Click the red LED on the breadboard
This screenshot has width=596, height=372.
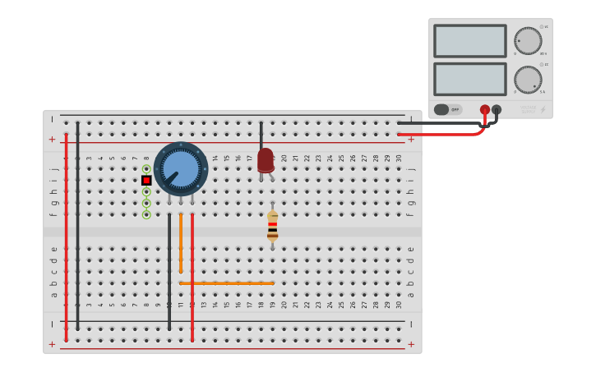pos(265,160)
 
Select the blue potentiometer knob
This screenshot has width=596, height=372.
pos(181,168)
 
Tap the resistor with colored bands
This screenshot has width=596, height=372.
pos(272,225)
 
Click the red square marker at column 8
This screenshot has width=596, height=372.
pos(146,180)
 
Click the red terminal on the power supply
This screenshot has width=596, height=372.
pos(485,109)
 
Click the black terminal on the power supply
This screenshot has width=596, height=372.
pos(497,109)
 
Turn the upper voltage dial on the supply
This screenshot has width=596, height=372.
pos(528,41)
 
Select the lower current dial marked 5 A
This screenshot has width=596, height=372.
pos(528,80)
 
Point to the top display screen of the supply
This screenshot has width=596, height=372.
pos(469,41)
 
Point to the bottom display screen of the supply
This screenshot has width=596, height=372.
pos(469,79)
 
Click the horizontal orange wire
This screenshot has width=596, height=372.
pos(227,283)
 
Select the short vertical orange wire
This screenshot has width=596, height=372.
pos(181,243)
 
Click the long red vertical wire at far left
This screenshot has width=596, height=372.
pos(67,238)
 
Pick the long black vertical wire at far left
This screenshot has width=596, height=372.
pos(78,226)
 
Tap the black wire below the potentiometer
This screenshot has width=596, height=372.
pos(169,271)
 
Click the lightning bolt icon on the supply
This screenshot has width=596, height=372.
pos(543,109)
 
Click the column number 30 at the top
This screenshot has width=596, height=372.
pos(399,158)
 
